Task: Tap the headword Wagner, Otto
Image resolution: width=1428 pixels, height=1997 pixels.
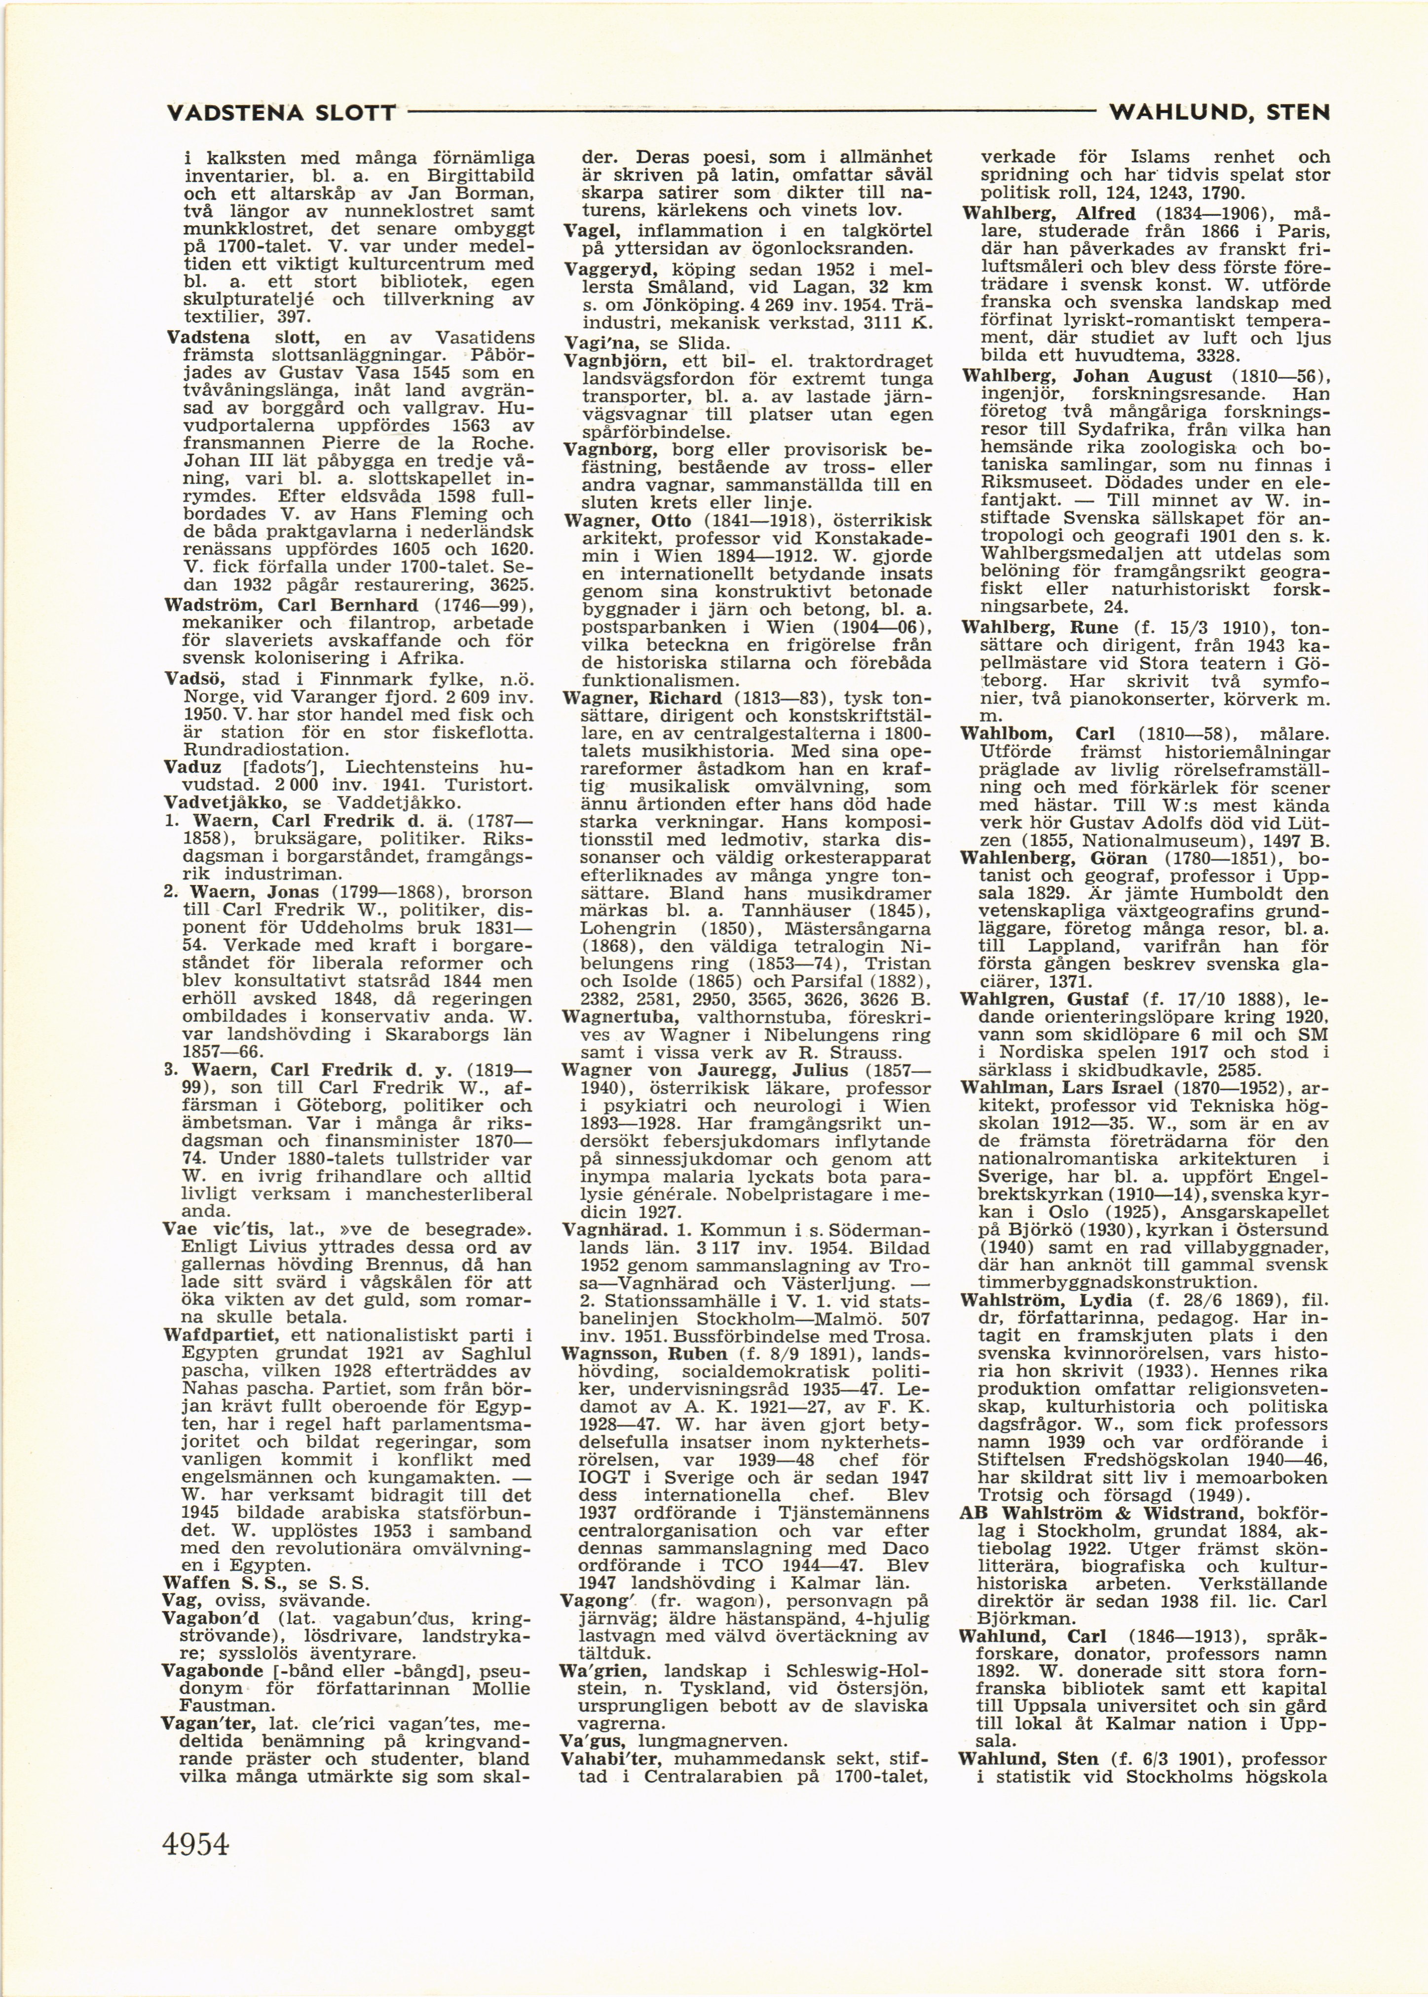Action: coord(627,521)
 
